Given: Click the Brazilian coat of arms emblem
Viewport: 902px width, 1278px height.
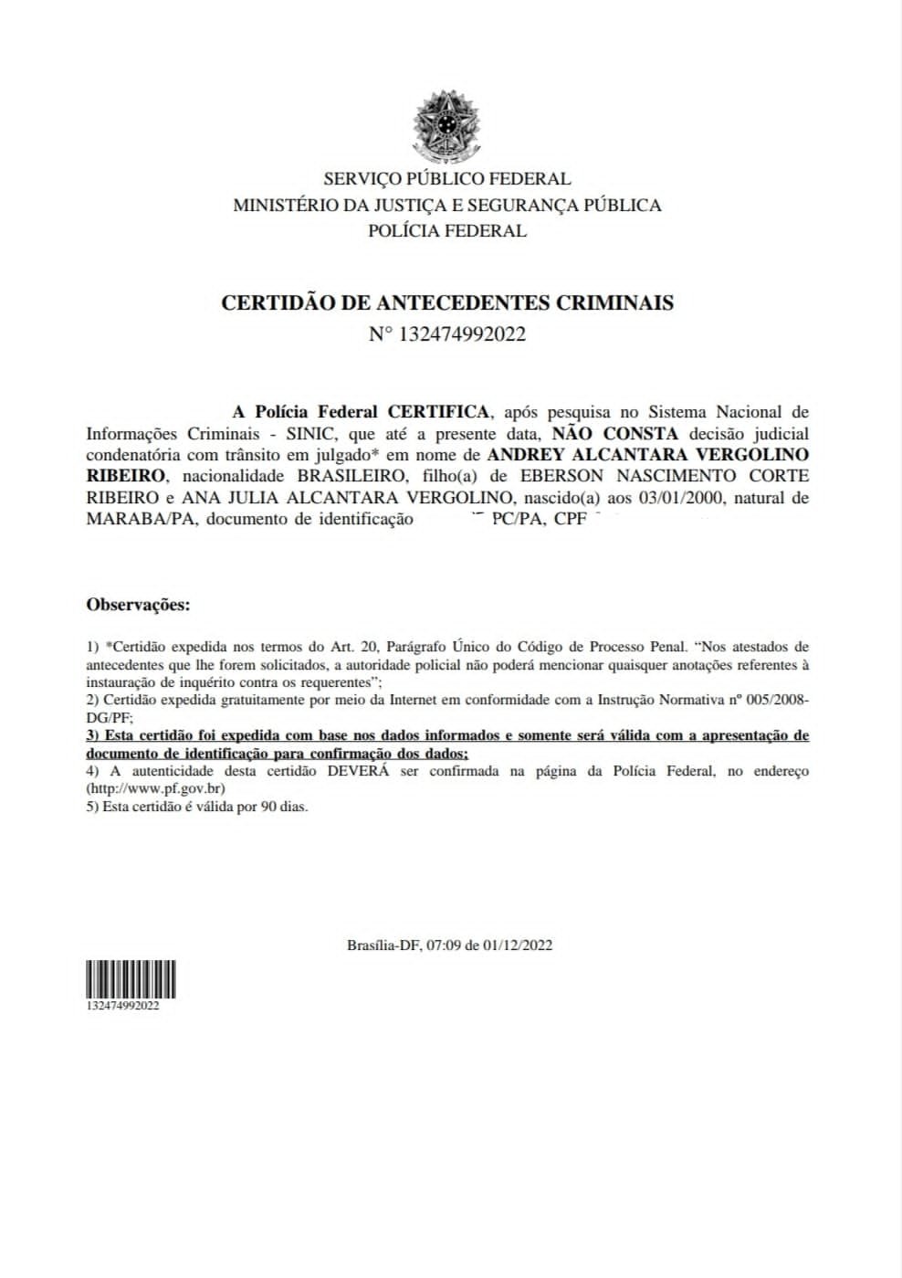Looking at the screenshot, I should [x=446, y=124].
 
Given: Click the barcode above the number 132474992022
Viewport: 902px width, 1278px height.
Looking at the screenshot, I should [x=131, y=979].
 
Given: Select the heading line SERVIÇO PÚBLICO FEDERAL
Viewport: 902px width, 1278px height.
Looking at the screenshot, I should [x=446, y=179].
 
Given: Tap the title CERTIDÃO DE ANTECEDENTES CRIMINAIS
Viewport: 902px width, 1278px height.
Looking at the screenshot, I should [x=446, y=303].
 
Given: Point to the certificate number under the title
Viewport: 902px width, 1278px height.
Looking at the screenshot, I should [x=446, y=334].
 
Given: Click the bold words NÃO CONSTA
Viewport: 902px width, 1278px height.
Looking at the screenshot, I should [x=615, y=434].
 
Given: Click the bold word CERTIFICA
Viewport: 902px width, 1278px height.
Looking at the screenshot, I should [x=438, y=413].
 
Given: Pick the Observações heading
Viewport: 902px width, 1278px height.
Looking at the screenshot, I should [x=138, y=605].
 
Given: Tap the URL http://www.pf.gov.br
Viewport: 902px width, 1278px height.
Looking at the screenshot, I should [x=155, y=789].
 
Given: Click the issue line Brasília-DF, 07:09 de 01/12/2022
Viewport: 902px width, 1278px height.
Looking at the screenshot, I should [x=449, y=945].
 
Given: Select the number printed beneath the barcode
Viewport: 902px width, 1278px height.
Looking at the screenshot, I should [x=123, y=1006].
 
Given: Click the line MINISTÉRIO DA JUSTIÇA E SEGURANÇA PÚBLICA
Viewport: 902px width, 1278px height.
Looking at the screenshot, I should [x=446, y=206].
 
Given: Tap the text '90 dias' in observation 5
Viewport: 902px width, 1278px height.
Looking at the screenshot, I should [x=282, y=808].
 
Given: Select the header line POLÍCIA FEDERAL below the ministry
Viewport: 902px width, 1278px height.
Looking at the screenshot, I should [x=446, y=231].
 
